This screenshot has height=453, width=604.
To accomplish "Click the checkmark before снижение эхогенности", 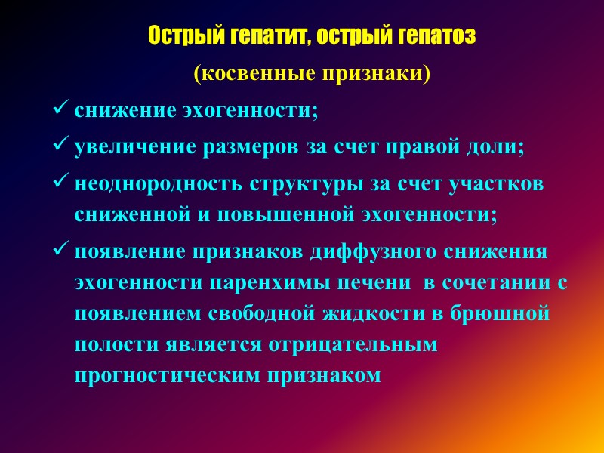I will click(61, 110).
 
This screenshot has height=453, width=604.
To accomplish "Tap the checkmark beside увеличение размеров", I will click(61, 146).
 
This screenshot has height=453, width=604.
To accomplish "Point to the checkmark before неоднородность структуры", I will click(61, 183).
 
